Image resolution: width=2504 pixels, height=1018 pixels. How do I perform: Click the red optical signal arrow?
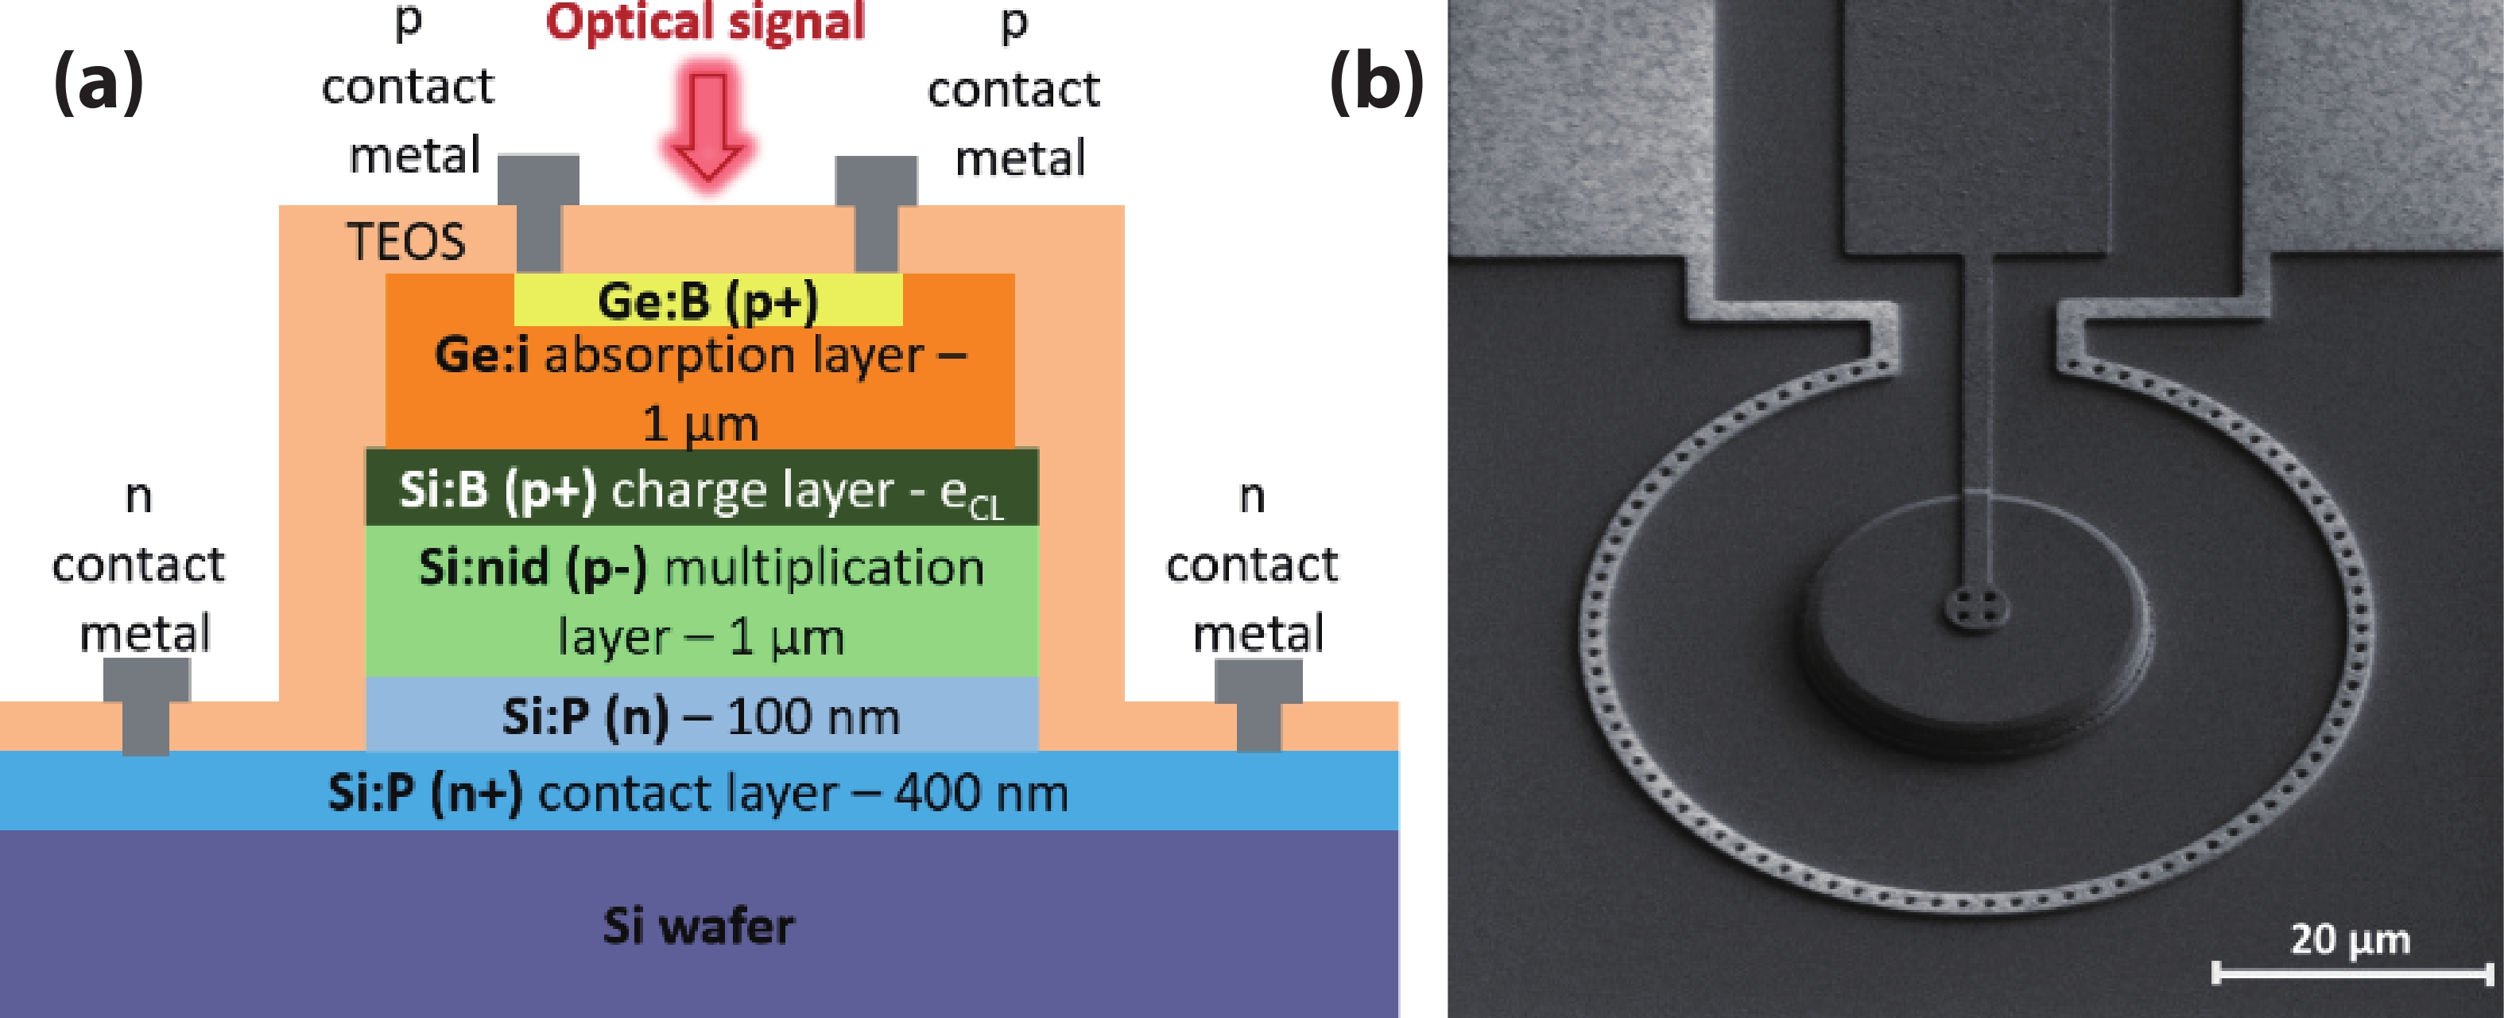click(708, 124)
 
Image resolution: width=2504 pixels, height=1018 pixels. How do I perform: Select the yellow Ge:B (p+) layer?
click(708, 300)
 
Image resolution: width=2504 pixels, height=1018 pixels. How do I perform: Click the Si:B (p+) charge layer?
click(702, 487)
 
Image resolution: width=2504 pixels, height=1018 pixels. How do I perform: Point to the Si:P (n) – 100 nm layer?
click(702, 715)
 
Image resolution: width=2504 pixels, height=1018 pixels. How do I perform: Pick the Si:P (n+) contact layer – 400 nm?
click(699, 791)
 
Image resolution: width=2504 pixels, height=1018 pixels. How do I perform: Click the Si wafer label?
click(698, 925)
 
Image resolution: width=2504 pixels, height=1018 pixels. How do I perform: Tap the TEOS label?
click(406, 241)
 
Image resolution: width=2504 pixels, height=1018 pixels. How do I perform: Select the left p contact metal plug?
click(538, 212)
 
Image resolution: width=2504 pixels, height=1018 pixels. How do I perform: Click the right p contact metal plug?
click(876, 212)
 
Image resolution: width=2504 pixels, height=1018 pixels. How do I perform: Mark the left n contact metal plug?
click(145, 706)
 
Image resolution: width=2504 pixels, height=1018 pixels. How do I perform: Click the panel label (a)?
click(99, 84)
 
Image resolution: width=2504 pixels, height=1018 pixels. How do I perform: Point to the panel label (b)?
click(1377, 84)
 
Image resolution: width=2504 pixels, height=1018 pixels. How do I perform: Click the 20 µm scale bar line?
click(2352, 971)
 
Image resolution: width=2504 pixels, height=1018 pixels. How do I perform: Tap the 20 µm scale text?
click(2351, 939)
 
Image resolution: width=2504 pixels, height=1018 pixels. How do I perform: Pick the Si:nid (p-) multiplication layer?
click(702, 601)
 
